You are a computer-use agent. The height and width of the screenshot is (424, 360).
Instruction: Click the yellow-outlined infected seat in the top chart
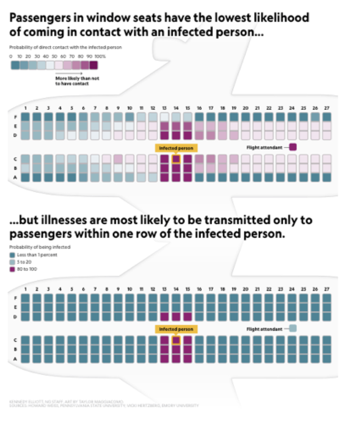click(176, 159)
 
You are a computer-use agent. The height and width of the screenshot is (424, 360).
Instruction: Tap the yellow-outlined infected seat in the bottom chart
click(176, 340)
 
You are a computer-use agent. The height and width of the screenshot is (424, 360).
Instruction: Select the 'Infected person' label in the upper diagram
click(176, 148)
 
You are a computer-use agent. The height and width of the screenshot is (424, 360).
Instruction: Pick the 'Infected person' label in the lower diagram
click(176, 329)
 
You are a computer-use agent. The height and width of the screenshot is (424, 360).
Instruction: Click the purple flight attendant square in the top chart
click(292, 147)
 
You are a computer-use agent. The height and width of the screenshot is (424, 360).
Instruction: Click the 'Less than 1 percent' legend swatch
click(12, 254)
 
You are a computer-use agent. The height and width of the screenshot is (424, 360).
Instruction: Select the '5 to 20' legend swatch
click(12, 262)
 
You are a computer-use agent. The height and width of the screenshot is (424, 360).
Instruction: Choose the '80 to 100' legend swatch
click(12, 269)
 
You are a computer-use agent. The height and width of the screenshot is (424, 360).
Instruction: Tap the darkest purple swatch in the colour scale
click(94, 65)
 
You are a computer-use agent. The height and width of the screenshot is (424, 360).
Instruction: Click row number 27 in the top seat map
click(327, 108)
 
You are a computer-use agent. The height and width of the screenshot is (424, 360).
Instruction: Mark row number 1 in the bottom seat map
click(25, 289)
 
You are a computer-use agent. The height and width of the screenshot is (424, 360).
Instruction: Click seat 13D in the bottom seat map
click(164, 316)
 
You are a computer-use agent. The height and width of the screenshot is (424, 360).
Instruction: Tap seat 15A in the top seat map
click(188, 177)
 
